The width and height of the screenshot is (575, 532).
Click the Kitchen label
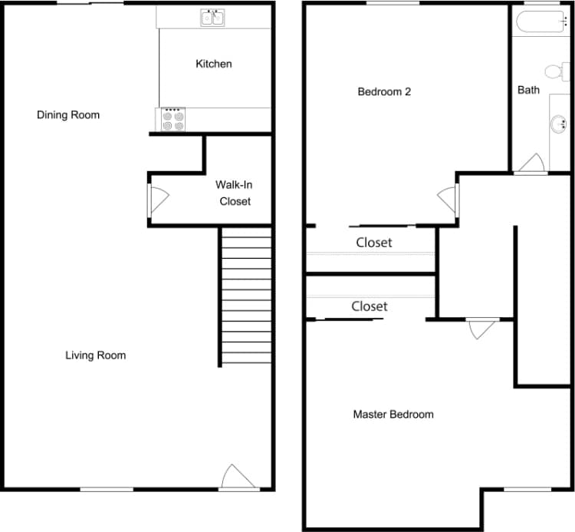[x=213, y=64]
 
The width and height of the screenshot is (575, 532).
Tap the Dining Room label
[x=68, y=115]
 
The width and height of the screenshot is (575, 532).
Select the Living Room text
[x=95, y=355]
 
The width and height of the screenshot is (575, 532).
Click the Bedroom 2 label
[x=384, y=92]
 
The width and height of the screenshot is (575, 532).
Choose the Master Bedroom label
[x=393, y=415]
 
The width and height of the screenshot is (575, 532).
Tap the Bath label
[x=528, y=90]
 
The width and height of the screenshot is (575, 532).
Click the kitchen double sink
[x=213, y=17]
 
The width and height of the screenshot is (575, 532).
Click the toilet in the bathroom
[x=554, y=71]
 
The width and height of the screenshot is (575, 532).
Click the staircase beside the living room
[x=246, y=296]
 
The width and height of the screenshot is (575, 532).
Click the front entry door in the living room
[x=237, y=477]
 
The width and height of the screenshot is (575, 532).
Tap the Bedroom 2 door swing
[x=448, y=200]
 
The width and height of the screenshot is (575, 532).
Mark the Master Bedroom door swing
[x=481, y=328]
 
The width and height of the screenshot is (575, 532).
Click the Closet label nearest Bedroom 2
[x=373, y=243]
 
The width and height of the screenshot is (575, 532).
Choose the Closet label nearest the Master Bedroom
[x=369, y=306]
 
